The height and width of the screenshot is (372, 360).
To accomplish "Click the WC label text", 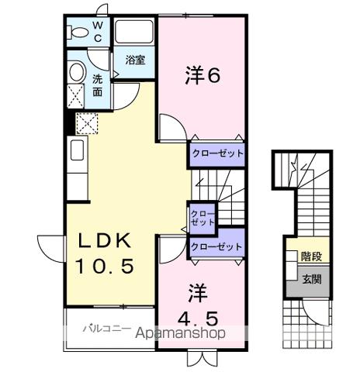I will pos(98,31).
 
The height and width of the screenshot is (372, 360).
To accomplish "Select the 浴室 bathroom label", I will pos(135,60).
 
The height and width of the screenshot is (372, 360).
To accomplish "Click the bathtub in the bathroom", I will pos(135,33).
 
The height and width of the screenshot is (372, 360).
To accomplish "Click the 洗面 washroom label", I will pos(98,84).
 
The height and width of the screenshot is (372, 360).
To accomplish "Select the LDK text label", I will pos(105,240).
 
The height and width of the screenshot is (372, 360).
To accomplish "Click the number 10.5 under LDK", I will pos(105,266).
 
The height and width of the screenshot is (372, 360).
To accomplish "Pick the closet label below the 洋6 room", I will pos(218,153).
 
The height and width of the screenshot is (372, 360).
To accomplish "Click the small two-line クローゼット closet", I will pos(202,216).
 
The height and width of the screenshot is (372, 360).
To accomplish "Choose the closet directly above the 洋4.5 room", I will pos(217,246).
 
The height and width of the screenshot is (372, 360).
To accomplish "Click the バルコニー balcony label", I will pos(106,329).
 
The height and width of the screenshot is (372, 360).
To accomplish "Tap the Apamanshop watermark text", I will pos(180,333).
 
